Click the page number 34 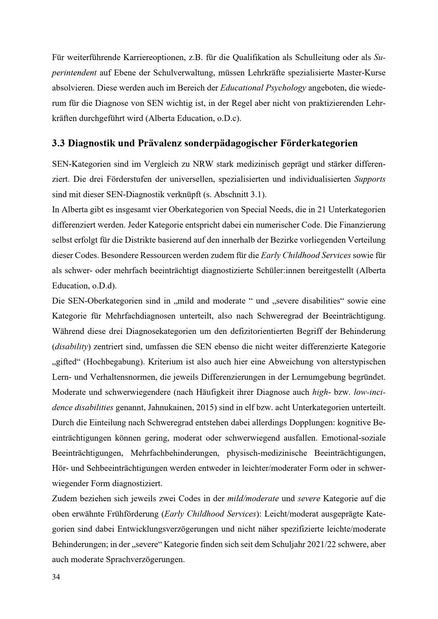(x=56, y=577)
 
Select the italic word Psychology (x=286, y=88)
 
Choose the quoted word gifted (x=65, y=362)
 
